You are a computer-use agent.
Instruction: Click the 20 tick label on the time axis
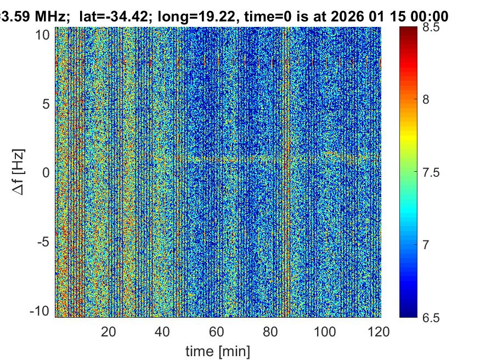(108, 331)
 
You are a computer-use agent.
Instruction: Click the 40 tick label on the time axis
(162, 331)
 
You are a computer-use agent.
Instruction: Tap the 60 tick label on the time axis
(217, 331)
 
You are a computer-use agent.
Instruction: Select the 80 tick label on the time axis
(271, 331)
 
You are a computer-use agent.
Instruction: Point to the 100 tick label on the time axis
(325, 331)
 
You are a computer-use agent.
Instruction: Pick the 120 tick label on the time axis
(379, 331)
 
